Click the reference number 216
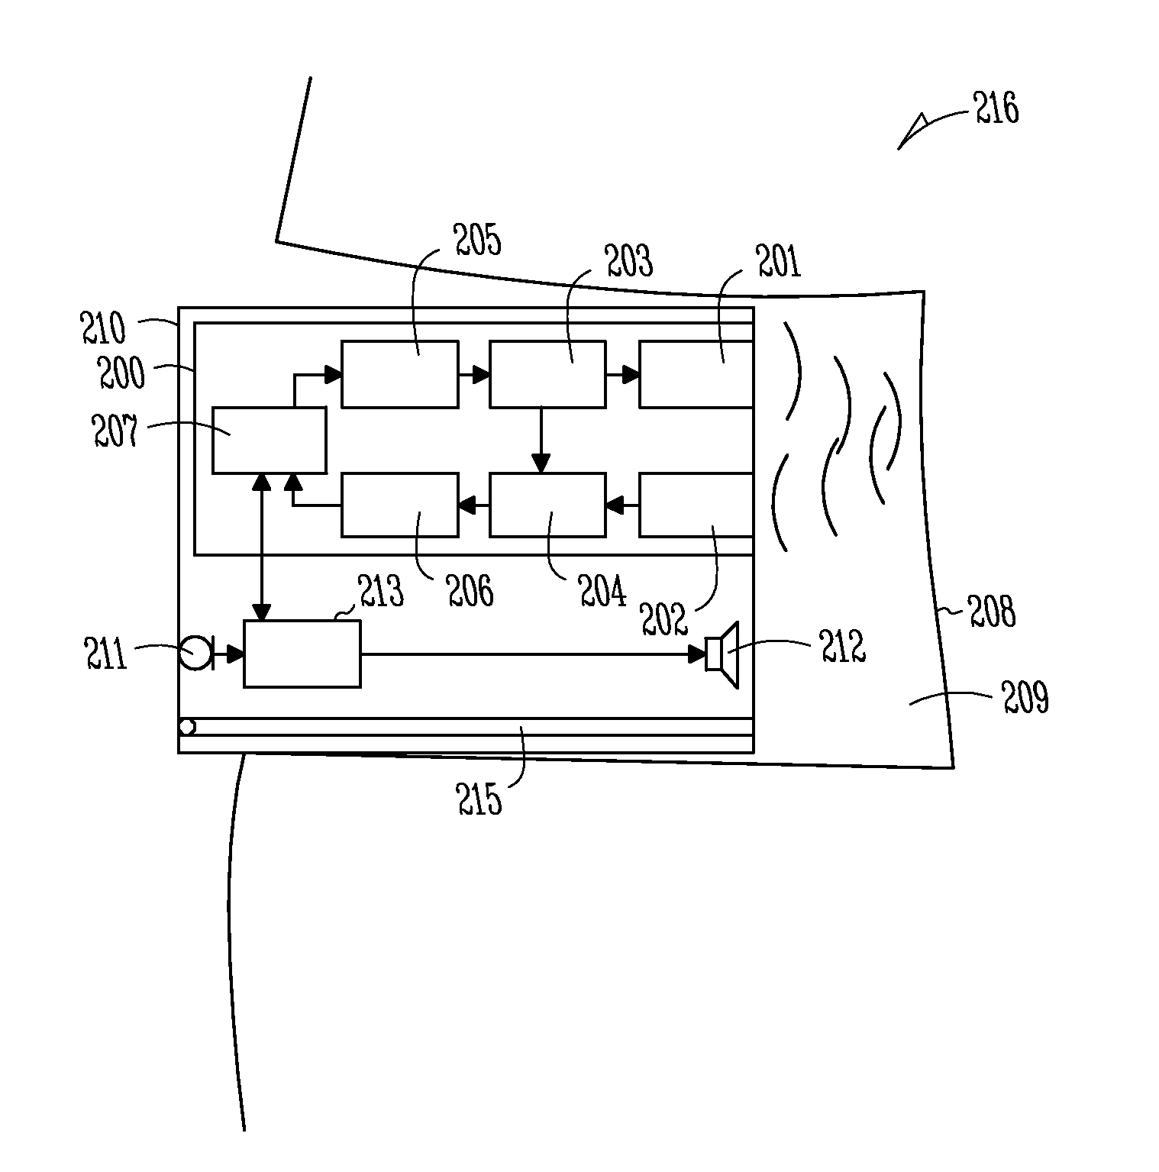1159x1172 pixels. (996, 108)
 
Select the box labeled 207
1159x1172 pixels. (269, 440)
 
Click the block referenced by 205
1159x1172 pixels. (399, 374)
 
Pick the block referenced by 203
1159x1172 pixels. (547, 374)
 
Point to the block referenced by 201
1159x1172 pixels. (696, 374)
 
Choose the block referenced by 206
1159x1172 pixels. (399, 505)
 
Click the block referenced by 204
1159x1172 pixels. (547, 505)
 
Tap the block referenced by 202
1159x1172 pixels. (696, 505)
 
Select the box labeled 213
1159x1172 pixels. (302, 654)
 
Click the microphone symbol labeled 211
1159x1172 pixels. (195, 654)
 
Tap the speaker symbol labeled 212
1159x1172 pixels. (722, 654)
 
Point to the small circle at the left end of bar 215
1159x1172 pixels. (187, 727)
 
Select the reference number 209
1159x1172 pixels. (1025, 697)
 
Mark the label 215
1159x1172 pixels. (479, 799)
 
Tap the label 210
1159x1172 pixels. (103, 328)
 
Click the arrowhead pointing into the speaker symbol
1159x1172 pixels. (697, 654)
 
